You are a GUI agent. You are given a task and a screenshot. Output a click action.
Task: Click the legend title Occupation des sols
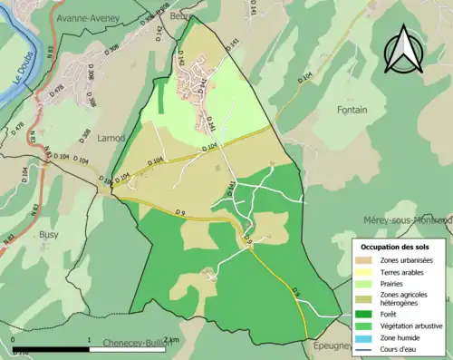click(x=400, y=246)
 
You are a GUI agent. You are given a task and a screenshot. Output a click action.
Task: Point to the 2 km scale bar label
click(x=172, y=339)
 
